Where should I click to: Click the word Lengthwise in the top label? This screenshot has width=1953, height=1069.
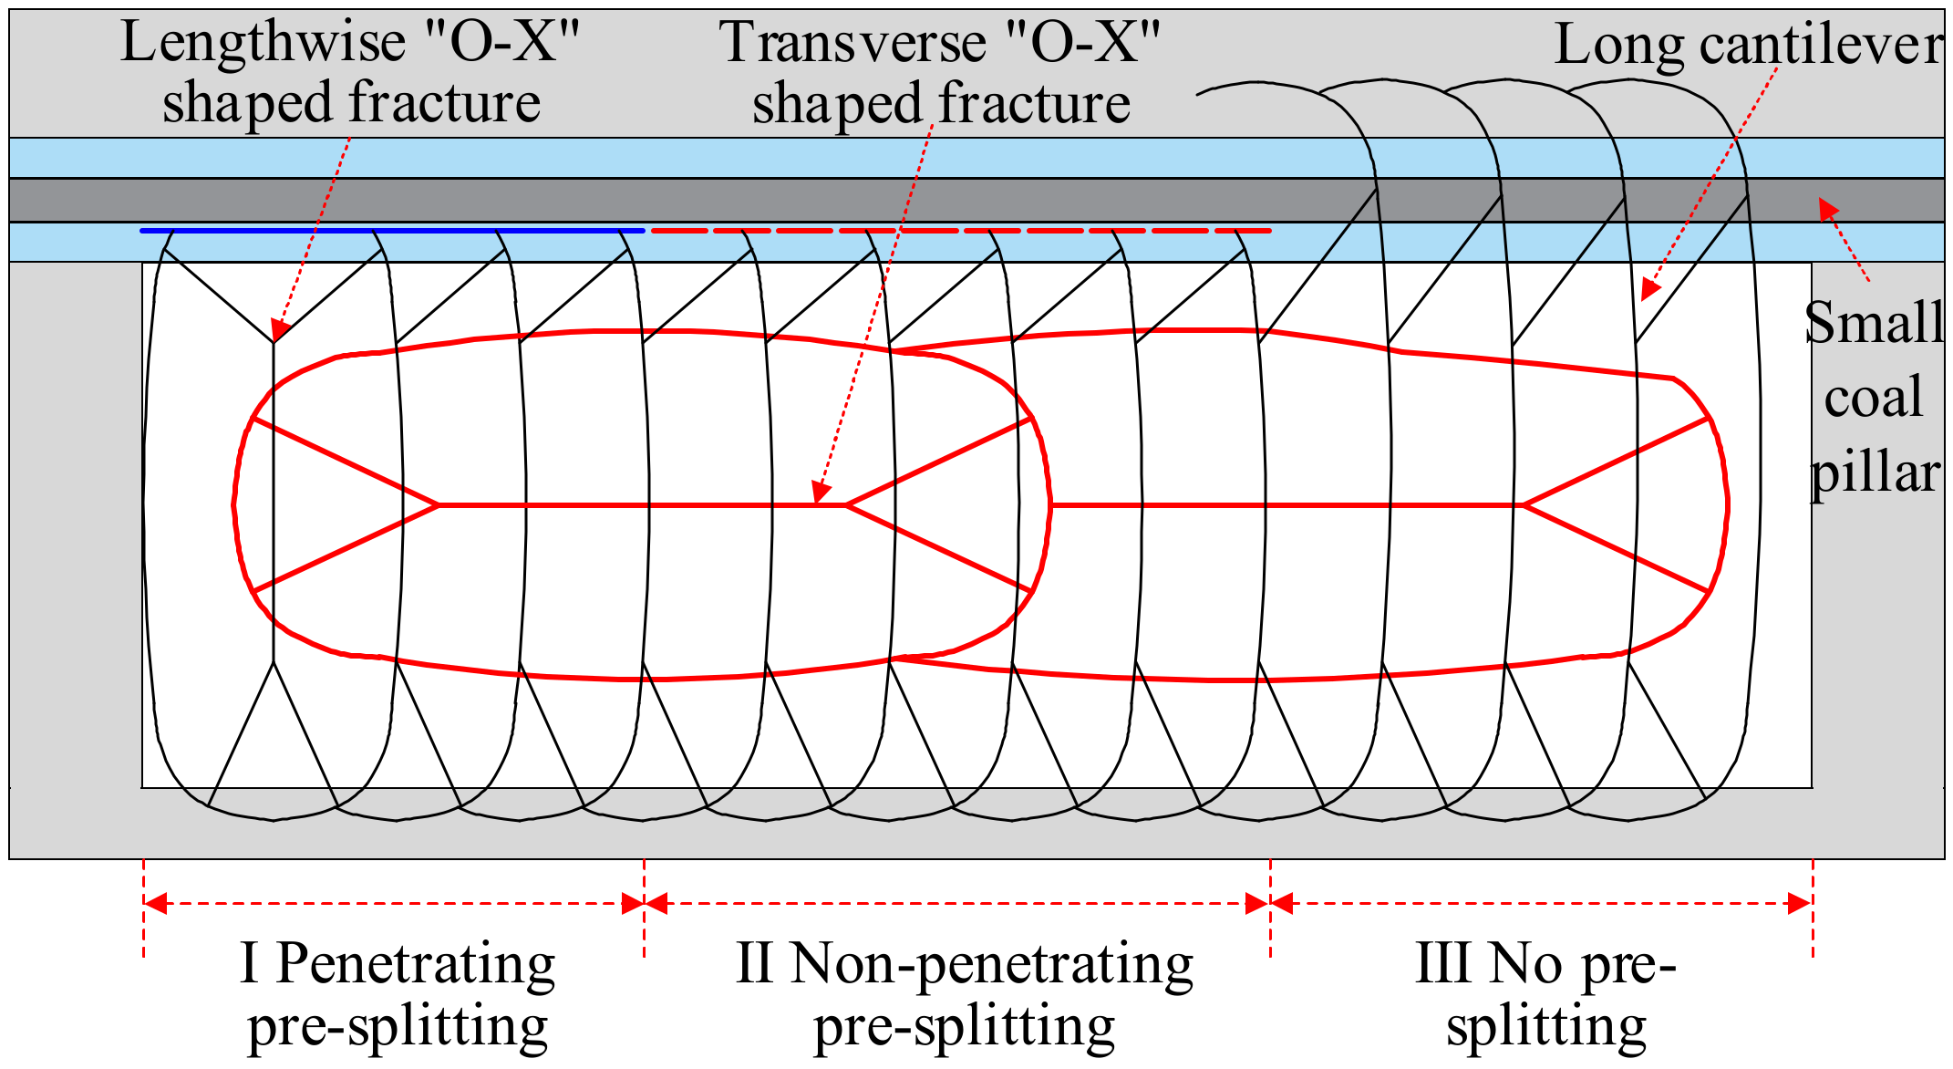(263, 42)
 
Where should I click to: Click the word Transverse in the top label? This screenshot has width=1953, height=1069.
(852, 42)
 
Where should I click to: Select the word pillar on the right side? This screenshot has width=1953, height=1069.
(1874, 472)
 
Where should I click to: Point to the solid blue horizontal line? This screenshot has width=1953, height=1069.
(392, 231)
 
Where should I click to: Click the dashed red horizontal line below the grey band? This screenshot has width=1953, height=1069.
(957, 231)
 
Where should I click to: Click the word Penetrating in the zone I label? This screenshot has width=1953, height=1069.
(415, 963)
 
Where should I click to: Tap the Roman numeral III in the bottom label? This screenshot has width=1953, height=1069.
(1442, 963)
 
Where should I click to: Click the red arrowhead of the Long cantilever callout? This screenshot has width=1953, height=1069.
(1649, 289)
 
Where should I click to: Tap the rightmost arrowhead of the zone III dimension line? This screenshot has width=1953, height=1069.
(1801, 904)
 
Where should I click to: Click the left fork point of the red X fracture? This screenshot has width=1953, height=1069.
(438, 504)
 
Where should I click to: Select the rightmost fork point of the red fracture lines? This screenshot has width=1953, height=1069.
(1524, 504)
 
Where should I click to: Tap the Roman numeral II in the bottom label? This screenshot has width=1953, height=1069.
(756, 963)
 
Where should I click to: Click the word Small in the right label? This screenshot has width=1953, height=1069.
(1874, 323)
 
